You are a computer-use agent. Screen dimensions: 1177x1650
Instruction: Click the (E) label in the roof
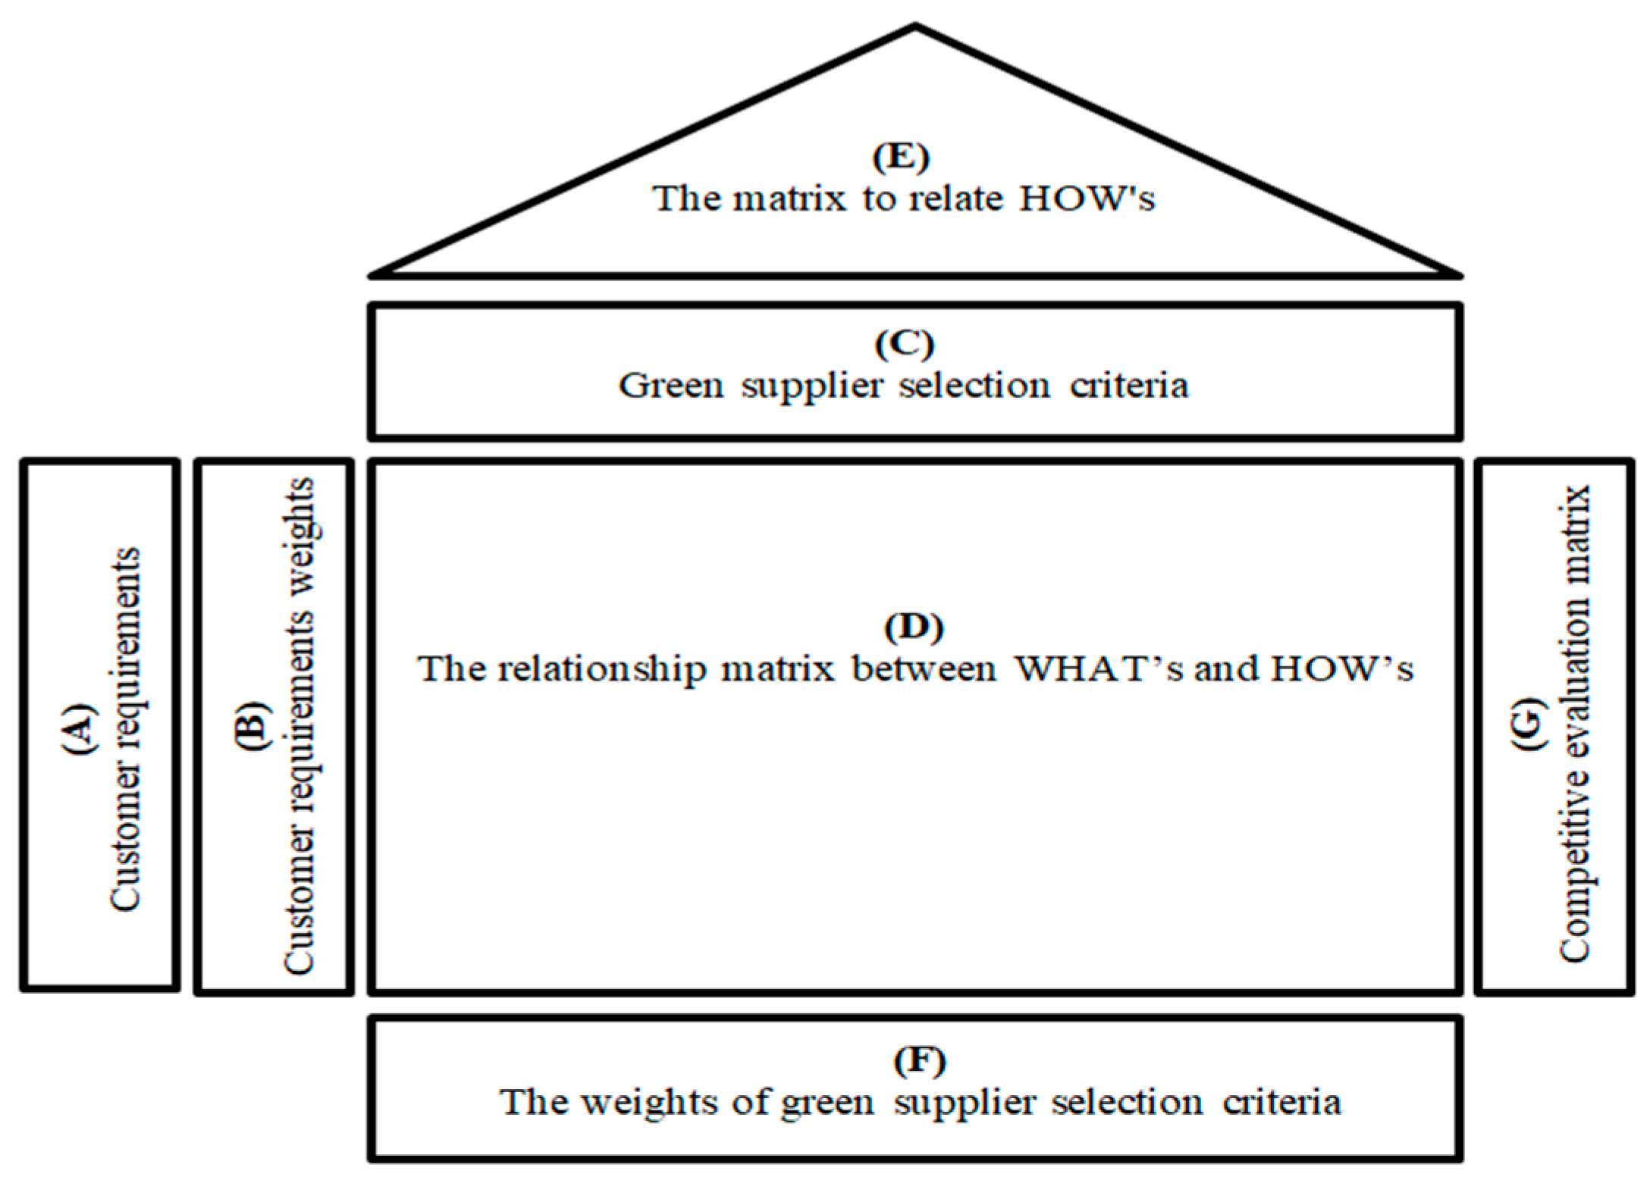click(901, 157)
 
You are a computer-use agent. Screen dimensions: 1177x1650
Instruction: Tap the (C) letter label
click(904, 344)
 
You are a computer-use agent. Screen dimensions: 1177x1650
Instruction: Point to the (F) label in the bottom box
click(919, 1061)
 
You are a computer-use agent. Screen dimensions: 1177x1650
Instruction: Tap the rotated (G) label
click(1530, 723)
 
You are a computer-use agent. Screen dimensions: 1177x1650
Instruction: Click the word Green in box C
click(671, 386)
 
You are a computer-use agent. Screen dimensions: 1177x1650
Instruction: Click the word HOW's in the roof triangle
click(1086, 199)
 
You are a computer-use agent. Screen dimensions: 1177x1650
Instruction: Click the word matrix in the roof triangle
click(789, 199)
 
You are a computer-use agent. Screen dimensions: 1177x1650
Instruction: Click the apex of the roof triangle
click(914, 27)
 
